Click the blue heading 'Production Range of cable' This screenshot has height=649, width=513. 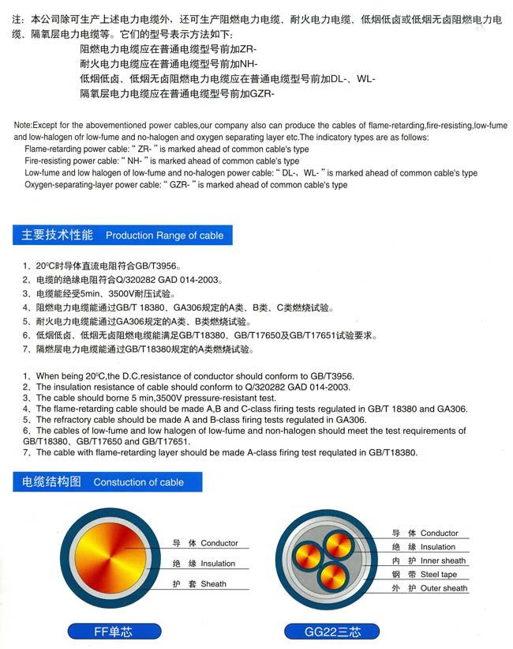coord(164,236)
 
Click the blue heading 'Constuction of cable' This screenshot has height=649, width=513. coord(138,482)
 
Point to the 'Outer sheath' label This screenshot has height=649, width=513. coord(444,588)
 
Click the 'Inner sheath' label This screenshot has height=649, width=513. coord(443,560)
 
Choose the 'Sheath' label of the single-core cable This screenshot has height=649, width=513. coord(213,584)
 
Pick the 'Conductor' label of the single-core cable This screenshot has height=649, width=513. coord(219,544)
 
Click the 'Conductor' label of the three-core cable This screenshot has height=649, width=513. coord(439,534)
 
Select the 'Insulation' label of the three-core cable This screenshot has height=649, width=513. coord(437,547)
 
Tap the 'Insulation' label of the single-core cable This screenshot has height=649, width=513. coord(218,564)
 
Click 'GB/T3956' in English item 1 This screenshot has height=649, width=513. coord(333,376)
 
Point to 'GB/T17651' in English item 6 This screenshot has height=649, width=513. coord(167,441)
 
